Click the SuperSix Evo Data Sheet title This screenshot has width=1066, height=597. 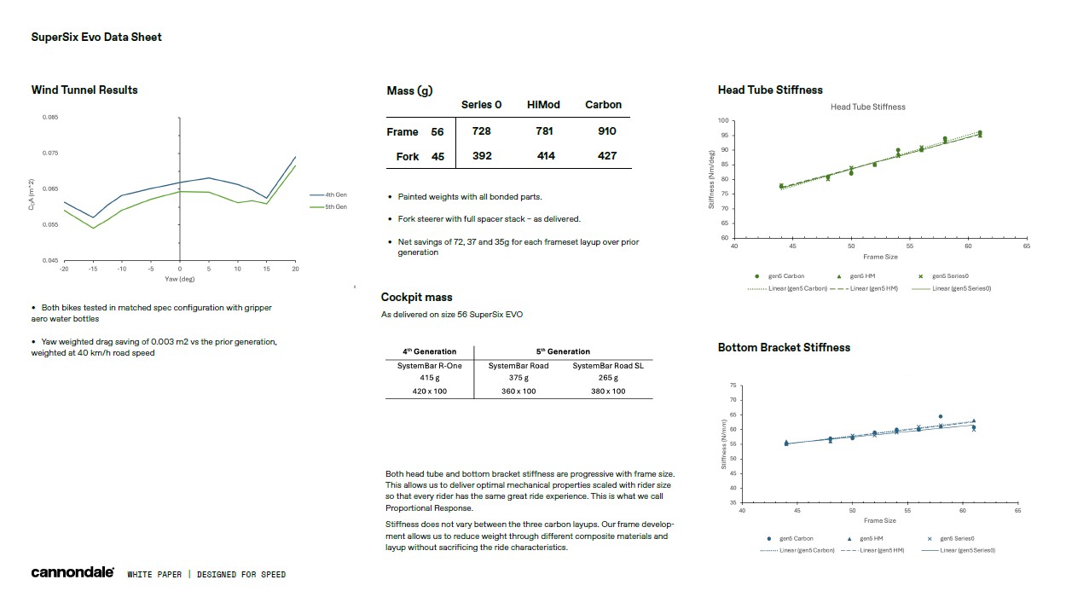tap(96, 38)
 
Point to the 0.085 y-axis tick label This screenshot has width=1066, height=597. tap(50, 117)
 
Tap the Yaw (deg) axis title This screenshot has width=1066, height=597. tap(180, 279)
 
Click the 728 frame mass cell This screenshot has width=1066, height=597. tap(481, 131)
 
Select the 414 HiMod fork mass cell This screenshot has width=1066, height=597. tap(546, 156)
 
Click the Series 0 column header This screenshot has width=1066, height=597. tap(481, 105)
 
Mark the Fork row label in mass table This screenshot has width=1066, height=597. tap(408, 157)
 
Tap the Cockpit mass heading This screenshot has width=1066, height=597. tap(416, 298)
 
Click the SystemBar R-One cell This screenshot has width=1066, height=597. tap(429, 366)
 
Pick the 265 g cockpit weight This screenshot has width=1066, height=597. tap(607, 378)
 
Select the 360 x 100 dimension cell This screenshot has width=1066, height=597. tap(519, 391)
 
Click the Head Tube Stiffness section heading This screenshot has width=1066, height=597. tap(770, 90)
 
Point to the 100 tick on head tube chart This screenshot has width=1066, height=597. tap(724, 121)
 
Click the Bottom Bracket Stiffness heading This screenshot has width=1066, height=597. tap(784, 348)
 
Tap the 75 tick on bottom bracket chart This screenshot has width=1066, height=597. tap(733, 386)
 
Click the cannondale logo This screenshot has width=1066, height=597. tap(72, 573)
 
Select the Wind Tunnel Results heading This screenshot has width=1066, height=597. tap(84, 90)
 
